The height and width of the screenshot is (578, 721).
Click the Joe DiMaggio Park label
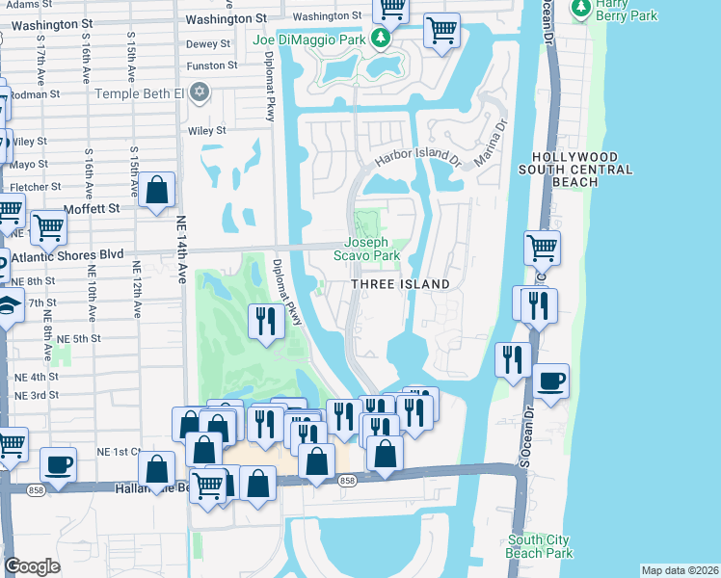[310, 39]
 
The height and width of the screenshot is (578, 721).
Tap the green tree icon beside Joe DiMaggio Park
[382, 38]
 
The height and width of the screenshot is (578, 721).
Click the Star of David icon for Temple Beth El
[200, 92]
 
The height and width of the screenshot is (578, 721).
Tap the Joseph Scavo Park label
[366, 250]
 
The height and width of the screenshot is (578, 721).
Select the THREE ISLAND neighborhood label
[399, 284]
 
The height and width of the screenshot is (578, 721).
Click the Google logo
[32, 566]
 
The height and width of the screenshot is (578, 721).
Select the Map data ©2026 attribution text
[679, 570]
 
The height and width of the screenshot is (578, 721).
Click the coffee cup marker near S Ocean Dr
[550, 381]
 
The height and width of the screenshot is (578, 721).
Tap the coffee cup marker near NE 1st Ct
[56, 463]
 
